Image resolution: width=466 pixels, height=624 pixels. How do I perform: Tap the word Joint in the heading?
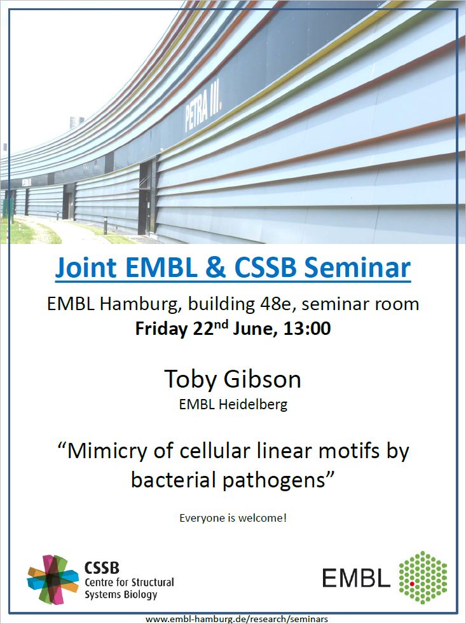86,267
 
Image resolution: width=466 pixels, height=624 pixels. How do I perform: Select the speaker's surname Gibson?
262,379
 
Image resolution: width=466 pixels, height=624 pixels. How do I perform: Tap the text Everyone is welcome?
233,518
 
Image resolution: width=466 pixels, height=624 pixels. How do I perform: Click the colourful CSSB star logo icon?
53,580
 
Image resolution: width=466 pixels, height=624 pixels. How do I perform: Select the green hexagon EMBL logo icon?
423,578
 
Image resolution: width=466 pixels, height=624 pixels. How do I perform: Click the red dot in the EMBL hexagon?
412,584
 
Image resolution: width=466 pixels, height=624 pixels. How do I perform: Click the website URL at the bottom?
236,619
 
